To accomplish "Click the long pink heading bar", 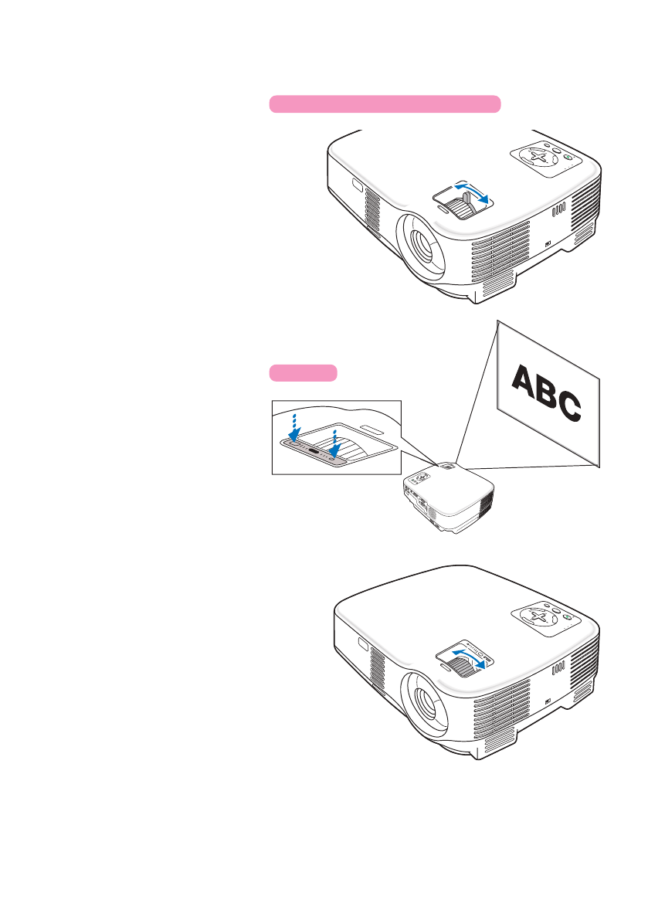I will (x=385, y=104).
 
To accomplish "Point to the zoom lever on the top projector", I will (x=464, y=208).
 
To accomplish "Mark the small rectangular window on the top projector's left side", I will (x=357, y=185).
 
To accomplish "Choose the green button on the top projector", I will (x=568, y=158).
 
